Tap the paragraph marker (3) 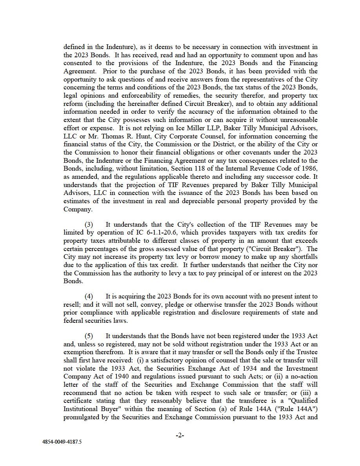(89, 224)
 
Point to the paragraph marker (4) (89, 296)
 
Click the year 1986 (309, 169)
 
